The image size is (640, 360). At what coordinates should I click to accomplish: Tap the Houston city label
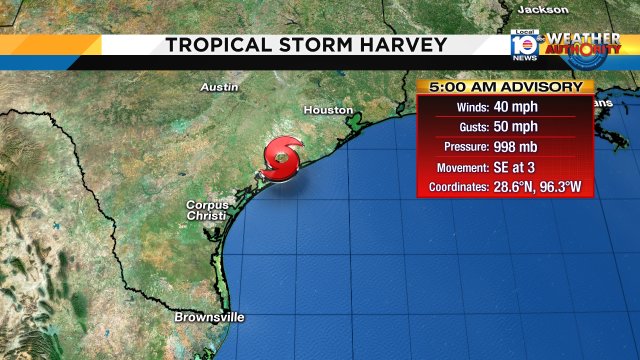click(x=328, y=110)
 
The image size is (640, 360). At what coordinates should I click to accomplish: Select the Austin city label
click(x=219, y=87)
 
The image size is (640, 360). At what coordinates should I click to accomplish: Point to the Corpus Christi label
click(x=206, y=210)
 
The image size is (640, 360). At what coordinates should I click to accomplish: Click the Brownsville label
click(x=208, y=317)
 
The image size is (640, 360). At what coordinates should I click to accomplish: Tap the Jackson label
click(x=542, y=8)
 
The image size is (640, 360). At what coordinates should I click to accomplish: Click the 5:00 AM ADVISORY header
click(x=500, y=87)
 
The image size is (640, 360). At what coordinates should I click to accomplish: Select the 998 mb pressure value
click(x=519, y=147)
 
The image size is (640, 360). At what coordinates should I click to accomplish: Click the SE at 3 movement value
click(x=519, y=167)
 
